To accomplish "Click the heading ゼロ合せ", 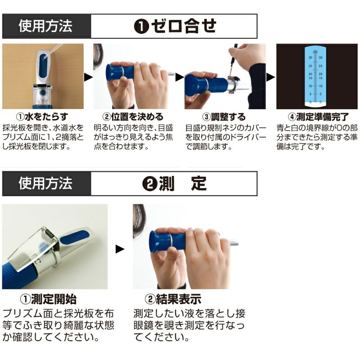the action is (x=184, y=26).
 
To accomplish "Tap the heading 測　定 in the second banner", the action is (x=183, y=184).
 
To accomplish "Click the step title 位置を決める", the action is (x=137, y=117).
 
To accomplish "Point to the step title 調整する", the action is (x=229, y=117).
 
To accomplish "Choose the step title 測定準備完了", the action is (x=322, y=117).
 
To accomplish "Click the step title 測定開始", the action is (x=54, y=299).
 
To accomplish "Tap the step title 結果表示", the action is (x=178, y=299).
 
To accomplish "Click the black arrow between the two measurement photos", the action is (x=120, y=249).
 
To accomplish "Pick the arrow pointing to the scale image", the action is (x=271, y=77).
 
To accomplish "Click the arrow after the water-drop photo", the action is (x=88, y=77).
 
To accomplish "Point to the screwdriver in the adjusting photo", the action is (x=233, y=60).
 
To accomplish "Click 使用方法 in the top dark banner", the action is (x=45, y=26).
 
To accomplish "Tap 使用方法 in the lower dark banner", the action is (x=45, y=184).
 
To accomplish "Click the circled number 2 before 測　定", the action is (x=150, y=184).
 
